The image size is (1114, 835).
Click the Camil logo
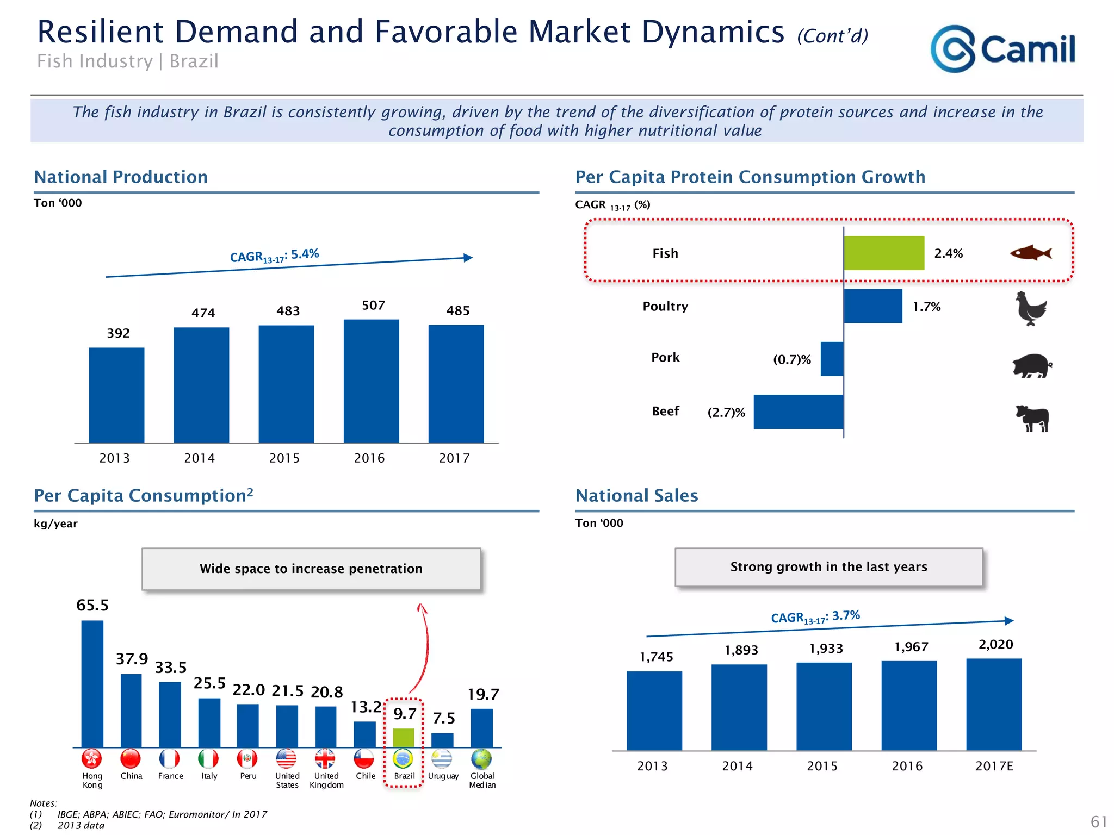[1002, 49]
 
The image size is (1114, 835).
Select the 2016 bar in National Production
[371, 381]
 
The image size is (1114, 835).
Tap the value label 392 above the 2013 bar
[118, 333]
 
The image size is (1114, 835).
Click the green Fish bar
[884, 253]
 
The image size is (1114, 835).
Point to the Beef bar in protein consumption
[799, 412]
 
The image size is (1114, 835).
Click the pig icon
[1032, 365]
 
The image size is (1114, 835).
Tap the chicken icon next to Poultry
[1031, 308]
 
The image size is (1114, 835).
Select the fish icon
[1030, 253]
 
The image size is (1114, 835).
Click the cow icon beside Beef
[1032, 418]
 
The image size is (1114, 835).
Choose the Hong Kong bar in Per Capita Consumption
[92, 684]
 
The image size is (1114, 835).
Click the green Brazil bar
[403, 738]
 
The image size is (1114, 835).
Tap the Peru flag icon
[247, 758]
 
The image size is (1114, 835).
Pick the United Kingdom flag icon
[325, 758]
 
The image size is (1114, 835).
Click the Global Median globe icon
[481, 758]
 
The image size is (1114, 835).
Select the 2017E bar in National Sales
[994, 705]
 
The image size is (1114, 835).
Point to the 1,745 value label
[656, 657]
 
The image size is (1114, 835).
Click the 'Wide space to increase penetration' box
[311, 569]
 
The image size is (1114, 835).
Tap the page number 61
[1099, 821]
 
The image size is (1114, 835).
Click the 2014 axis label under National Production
[199, 458]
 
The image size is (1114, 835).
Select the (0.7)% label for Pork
[791, 360]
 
